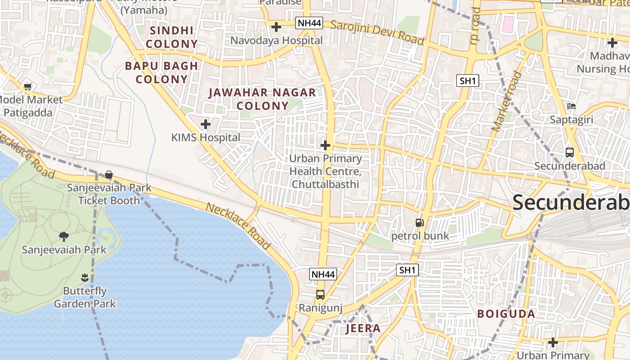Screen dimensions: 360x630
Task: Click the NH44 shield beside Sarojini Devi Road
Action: (x=309, y=23)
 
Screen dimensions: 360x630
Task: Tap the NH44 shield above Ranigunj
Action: (x=323, y=274)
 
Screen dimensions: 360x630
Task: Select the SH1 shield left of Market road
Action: (x=468, y=81)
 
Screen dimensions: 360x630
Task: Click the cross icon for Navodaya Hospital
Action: (x=276, y=27)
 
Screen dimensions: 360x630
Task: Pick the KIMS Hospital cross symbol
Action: (x=206, y=124)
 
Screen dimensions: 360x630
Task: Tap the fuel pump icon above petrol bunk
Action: (x=419, y=222)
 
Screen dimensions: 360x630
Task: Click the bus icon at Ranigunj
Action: (x=320, y=295)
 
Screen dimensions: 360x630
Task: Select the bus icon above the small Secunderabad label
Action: (x=570, y=152)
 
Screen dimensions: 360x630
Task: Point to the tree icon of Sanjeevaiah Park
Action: (x=64, y=236)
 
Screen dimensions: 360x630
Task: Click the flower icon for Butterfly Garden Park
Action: (x=85, y=277)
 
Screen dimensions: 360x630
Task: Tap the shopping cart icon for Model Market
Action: (x=27, y=86)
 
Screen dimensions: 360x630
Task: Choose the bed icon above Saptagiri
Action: (x=571, y=106)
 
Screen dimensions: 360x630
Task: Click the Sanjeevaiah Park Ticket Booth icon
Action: (x=108, y=175)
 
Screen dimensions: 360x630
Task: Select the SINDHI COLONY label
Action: (x=171, y=37)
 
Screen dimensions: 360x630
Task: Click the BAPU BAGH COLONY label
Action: (x=161, y=72)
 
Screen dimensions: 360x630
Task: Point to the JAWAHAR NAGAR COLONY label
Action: (x=262, y=99)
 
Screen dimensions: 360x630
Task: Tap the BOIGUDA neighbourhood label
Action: (x=506, y=314)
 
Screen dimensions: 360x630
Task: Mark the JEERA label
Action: (x=363, y=328)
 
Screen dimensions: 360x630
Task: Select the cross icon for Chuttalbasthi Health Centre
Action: (x=325, y=145)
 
